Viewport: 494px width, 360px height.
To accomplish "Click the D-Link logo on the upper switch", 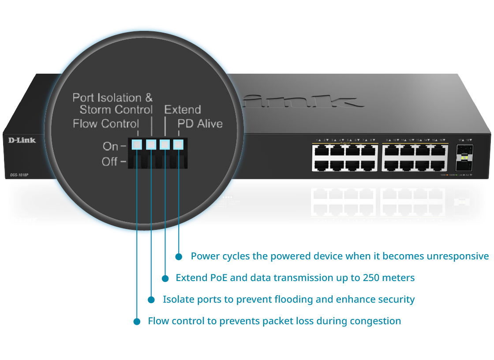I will [22, 140].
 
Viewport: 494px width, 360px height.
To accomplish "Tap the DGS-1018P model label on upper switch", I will [19, 175].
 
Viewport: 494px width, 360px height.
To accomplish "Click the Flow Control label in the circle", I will [106, 124].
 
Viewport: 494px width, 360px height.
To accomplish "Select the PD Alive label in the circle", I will [200, 124].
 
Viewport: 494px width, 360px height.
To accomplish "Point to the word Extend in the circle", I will [183, 109].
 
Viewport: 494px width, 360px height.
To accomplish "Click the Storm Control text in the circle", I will [116, 109].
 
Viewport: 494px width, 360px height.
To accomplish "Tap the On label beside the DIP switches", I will [110, 146].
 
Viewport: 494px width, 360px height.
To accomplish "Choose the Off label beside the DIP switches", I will [110, 161].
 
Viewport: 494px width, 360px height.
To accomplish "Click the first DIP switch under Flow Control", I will [137, 144].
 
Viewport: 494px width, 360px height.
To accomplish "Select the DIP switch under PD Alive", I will [178, 144].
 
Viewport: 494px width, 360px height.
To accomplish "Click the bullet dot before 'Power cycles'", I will [179, 256].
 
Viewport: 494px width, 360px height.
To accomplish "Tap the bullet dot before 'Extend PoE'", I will [165, 278].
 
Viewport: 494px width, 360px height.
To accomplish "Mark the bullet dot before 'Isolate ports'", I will [151, 300].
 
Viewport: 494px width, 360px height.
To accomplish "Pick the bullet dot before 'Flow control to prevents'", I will [137, 322].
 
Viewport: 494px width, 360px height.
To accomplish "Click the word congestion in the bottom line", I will [375, 321].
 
